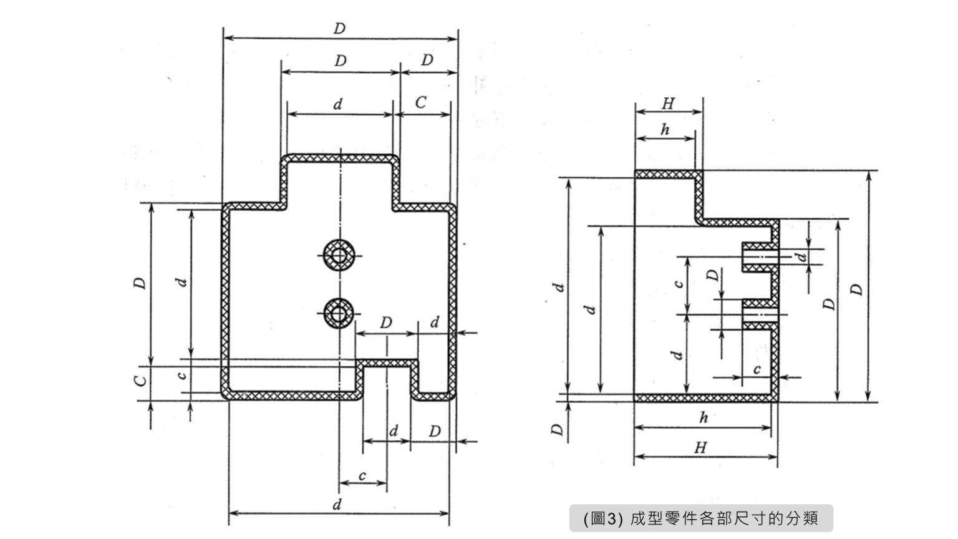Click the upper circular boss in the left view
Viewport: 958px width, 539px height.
339,255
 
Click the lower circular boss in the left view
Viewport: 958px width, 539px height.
339,313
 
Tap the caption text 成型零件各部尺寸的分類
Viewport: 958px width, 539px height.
723,518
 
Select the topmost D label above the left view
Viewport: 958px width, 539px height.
339,29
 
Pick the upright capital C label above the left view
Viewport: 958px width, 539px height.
422,102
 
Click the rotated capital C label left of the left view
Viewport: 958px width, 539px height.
142,379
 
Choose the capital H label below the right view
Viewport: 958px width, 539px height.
701,448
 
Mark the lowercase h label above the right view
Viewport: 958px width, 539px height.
665,129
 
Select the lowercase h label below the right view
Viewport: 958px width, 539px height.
704,418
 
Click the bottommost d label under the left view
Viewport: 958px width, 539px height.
337,505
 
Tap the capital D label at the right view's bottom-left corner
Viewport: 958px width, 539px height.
558,429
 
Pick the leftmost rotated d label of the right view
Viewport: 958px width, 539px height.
560,287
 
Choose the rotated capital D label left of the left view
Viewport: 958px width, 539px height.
142,283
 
